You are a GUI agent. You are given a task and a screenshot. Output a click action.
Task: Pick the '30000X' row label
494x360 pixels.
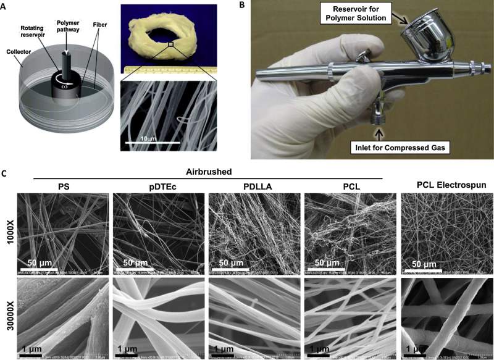pyautogui.click(x=8, y=319)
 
